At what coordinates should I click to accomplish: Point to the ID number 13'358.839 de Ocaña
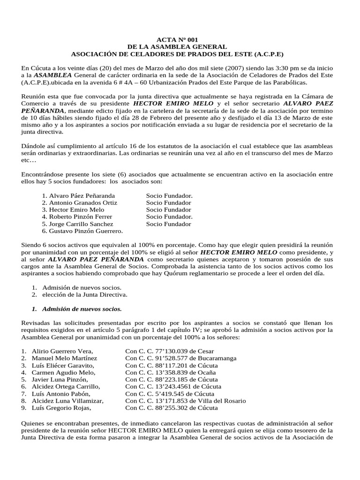[x=171, y=372]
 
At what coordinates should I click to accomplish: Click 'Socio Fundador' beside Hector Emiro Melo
[x=168, y=210]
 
